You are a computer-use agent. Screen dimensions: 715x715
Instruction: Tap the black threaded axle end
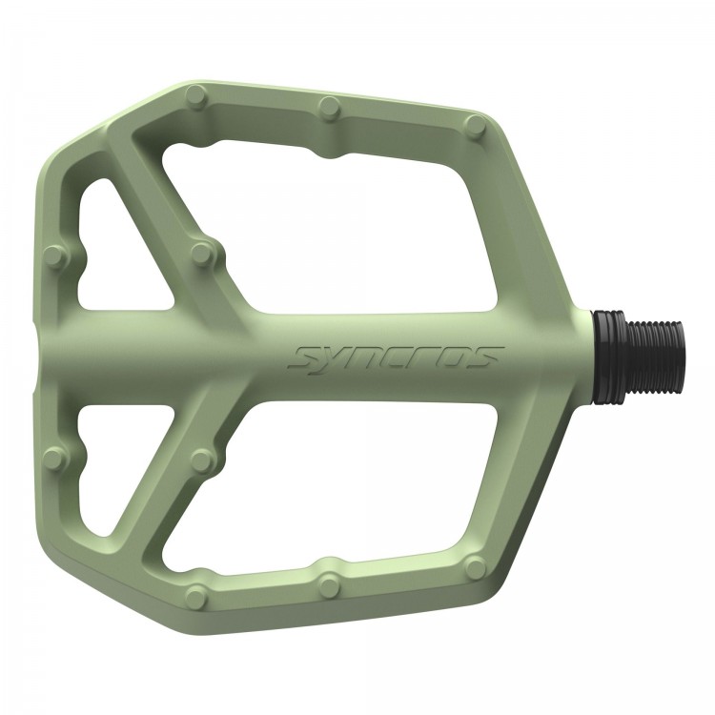click(655, 357)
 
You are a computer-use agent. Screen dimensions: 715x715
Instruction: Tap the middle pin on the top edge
click(331, 108)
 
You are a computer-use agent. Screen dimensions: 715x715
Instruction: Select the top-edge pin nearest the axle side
click(477, 125)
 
